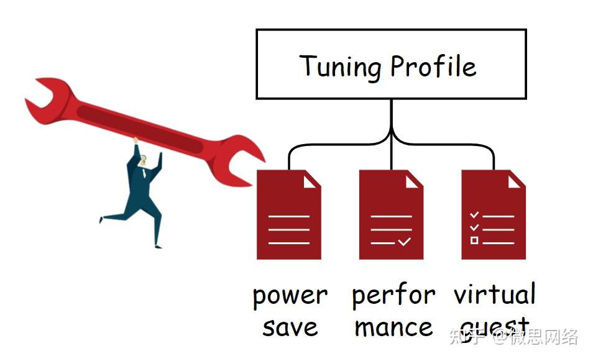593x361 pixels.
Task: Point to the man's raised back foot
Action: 103,218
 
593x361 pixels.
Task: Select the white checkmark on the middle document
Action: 405,241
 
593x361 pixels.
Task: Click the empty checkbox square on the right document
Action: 474,240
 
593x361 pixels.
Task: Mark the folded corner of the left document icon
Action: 311,180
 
